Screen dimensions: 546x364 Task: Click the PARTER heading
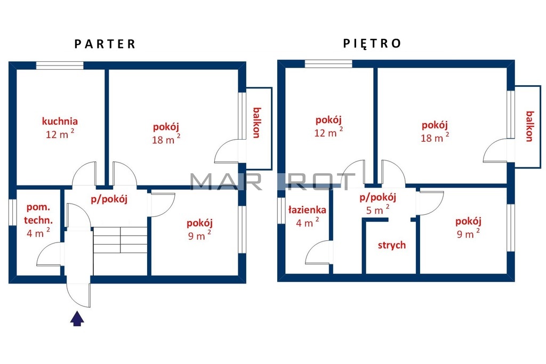[x=105, y=44]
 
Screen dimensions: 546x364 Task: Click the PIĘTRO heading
[x=372, y=43]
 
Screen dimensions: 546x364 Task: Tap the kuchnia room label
[x=60, y=121]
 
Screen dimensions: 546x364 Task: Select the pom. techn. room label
[x=38, y=214]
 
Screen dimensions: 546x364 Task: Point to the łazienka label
[x=308, y=210]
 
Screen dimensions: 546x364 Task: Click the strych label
[x=392, y=245]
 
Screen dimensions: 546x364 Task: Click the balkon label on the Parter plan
[x=256, y=123]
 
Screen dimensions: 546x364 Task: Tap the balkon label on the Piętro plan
[x=529, y=126]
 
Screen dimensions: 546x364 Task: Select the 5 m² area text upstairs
[x=378, y=209]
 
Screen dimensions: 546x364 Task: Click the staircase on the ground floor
[x=120, y=240]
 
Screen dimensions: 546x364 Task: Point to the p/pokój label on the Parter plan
[x=109, y=199]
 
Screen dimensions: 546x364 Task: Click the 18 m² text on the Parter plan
[x=166, y=139]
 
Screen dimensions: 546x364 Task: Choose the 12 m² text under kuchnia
[x=60, y=134]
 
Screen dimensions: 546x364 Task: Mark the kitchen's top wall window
[x=60, y=66]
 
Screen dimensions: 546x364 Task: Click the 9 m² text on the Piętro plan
[x=468, y=233]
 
